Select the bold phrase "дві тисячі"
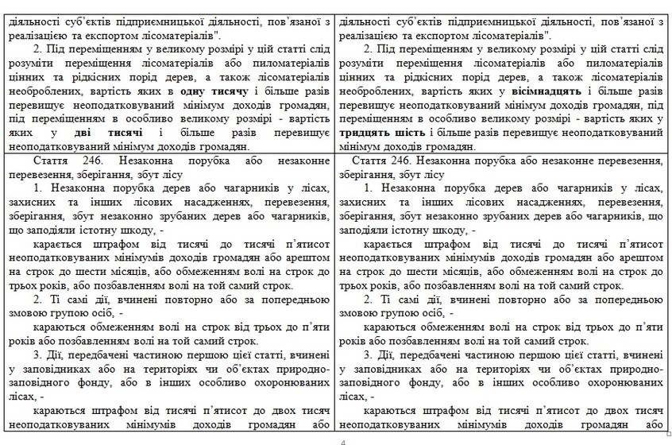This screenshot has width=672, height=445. click(x=110, y=133)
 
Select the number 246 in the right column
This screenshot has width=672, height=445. click(x=411, y=161)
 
